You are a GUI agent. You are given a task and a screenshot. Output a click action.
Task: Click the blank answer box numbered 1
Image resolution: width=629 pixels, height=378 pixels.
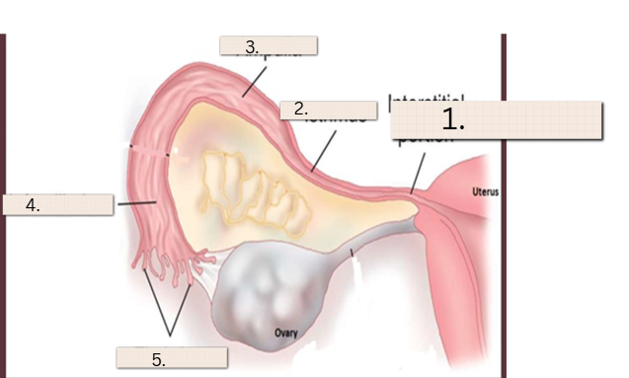pos(496,120)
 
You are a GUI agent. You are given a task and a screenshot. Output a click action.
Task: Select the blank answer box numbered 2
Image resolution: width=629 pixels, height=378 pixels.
pos(328,111)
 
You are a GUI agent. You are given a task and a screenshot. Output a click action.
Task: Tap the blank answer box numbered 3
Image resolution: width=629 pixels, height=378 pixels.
pos(268,45)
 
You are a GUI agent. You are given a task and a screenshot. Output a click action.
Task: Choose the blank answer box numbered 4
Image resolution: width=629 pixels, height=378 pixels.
pos(58,204)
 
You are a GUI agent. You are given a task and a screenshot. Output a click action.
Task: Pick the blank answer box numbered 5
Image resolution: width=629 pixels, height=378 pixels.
pos(172,357)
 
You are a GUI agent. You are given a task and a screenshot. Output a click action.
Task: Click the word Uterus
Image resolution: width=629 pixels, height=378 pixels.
pos(485,191)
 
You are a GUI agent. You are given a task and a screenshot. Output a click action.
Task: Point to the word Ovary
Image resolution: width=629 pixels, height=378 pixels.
pos(286,334)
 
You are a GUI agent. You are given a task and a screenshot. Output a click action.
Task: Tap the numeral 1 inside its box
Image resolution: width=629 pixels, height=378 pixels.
pos(453,120)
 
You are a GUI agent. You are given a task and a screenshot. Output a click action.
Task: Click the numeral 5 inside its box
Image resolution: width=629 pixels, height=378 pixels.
pos(158,360)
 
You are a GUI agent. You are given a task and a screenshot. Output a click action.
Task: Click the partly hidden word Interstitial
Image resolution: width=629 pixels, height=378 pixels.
pos(427,99)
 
